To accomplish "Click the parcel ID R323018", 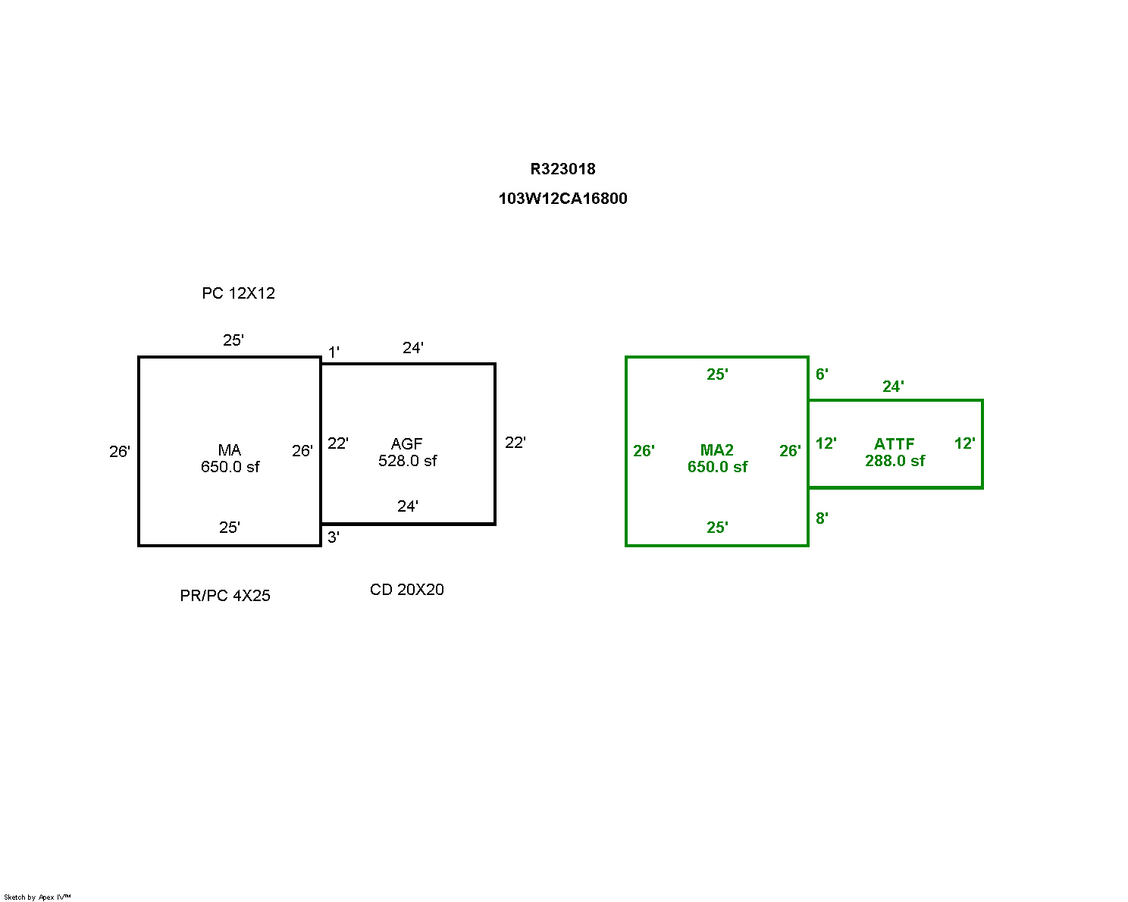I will click(562, 169).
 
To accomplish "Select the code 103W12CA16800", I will click(562, 199).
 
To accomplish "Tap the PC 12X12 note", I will click(238, 293).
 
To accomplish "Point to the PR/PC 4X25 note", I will click(225, 596).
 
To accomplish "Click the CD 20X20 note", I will click(407, 590).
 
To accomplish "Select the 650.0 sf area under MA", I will click(230, 467).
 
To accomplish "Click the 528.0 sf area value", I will click(408, 461).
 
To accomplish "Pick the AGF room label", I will click(407, 444).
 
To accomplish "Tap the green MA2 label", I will click(716, 450).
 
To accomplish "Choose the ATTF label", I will click(895, 444).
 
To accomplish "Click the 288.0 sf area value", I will click(895, 461).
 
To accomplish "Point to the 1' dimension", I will click(334, 352).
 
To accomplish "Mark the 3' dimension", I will click(334, 537).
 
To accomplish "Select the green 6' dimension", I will click(822, 374).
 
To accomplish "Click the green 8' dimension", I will click(822, 518).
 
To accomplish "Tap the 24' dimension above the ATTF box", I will click(893, 387).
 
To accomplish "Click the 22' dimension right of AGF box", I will click(515, 443).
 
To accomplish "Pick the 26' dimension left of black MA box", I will click(120, 452).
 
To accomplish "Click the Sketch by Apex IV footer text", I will click(37, 897).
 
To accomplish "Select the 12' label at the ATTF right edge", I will click(964, 443).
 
